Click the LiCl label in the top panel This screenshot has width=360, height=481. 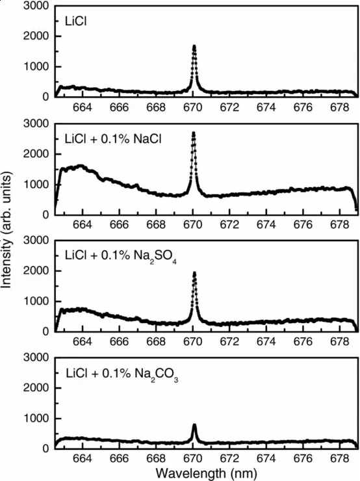click(x=76, y=22)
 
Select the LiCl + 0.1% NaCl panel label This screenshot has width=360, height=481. click(x=113, y=139)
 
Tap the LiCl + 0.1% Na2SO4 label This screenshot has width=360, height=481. click(x=120, y=257)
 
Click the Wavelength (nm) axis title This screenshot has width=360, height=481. click(x=206, y=473)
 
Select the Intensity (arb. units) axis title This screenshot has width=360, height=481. click(x=6, y=230)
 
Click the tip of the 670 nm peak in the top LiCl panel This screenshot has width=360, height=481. click(x=194, y=46)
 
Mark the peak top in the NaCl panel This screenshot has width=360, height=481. click(x=194, y=133)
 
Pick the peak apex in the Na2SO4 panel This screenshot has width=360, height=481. click(x=194, y=273)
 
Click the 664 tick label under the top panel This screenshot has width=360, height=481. click(x=82, y=107)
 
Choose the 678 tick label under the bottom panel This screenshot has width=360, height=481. click(x=339, y=459)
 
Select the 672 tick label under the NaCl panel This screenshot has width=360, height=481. click(x=229, y=225)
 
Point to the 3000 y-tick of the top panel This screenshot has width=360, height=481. click(x=36, y=6)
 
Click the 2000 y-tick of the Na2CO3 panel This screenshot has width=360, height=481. click(x=36, y=388)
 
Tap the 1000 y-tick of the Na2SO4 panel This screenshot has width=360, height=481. click(x=36, y=301)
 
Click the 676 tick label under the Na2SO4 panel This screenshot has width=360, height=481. click(x=303, y=342)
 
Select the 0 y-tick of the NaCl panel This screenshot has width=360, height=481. click(x=45, y=214)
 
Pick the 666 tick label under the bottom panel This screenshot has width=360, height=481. click(x=119, y=459)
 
